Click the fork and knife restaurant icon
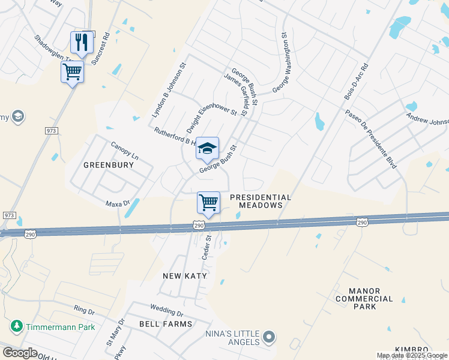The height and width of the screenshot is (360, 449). (82, 42)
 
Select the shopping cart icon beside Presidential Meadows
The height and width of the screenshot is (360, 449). (208, 202)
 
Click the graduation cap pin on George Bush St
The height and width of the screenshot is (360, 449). (207, 149)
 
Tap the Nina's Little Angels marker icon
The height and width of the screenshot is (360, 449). (269, 338)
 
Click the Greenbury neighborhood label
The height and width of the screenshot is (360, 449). (108, 165)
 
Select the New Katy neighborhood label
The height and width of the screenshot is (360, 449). (185, 276)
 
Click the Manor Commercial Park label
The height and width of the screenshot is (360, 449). (364, 298)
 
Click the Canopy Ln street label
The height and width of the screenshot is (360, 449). (124, 151)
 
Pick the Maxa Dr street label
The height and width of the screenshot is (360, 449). (118, 203)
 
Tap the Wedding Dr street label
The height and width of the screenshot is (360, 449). (166, 311)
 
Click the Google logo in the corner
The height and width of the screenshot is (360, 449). (20, 353)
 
